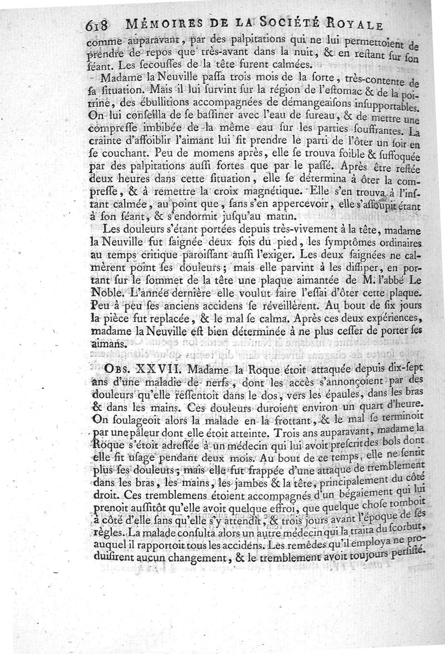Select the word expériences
pos(389,319)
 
